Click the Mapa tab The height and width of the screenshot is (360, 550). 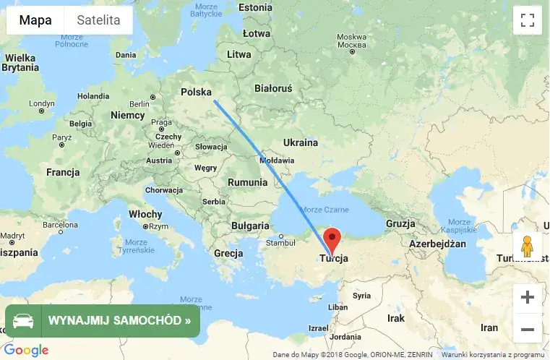pos(35,20)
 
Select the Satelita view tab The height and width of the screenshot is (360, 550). pos(98,20)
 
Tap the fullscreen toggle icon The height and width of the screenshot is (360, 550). pos(527,20)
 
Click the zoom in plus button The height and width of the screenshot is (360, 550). pos(527,297)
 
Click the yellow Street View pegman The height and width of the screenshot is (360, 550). pos(527,247)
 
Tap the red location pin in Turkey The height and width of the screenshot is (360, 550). pos(332,239)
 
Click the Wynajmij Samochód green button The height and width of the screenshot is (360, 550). pos(103,320)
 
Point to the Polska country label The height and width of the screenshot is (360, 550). pos(196,92)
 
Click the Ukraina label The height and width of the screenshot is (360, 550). pos(300,142)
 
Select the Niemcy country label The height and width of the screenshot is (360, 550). pos(128,115)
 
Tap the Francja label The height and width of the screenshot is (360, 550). pos(62,172)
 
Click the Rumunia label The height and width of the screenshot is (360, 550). pos(247,182)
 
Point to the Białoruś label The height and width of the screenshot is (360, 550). pos(273,88)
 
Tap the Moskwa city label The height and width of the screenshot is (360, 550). pos(352,37)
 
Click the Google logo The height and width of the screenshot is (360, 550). pos(26,351)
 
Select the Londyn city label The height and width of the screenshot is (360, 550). pos(42,103)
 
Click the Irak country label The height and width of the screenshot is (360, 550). pos(396,317)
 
